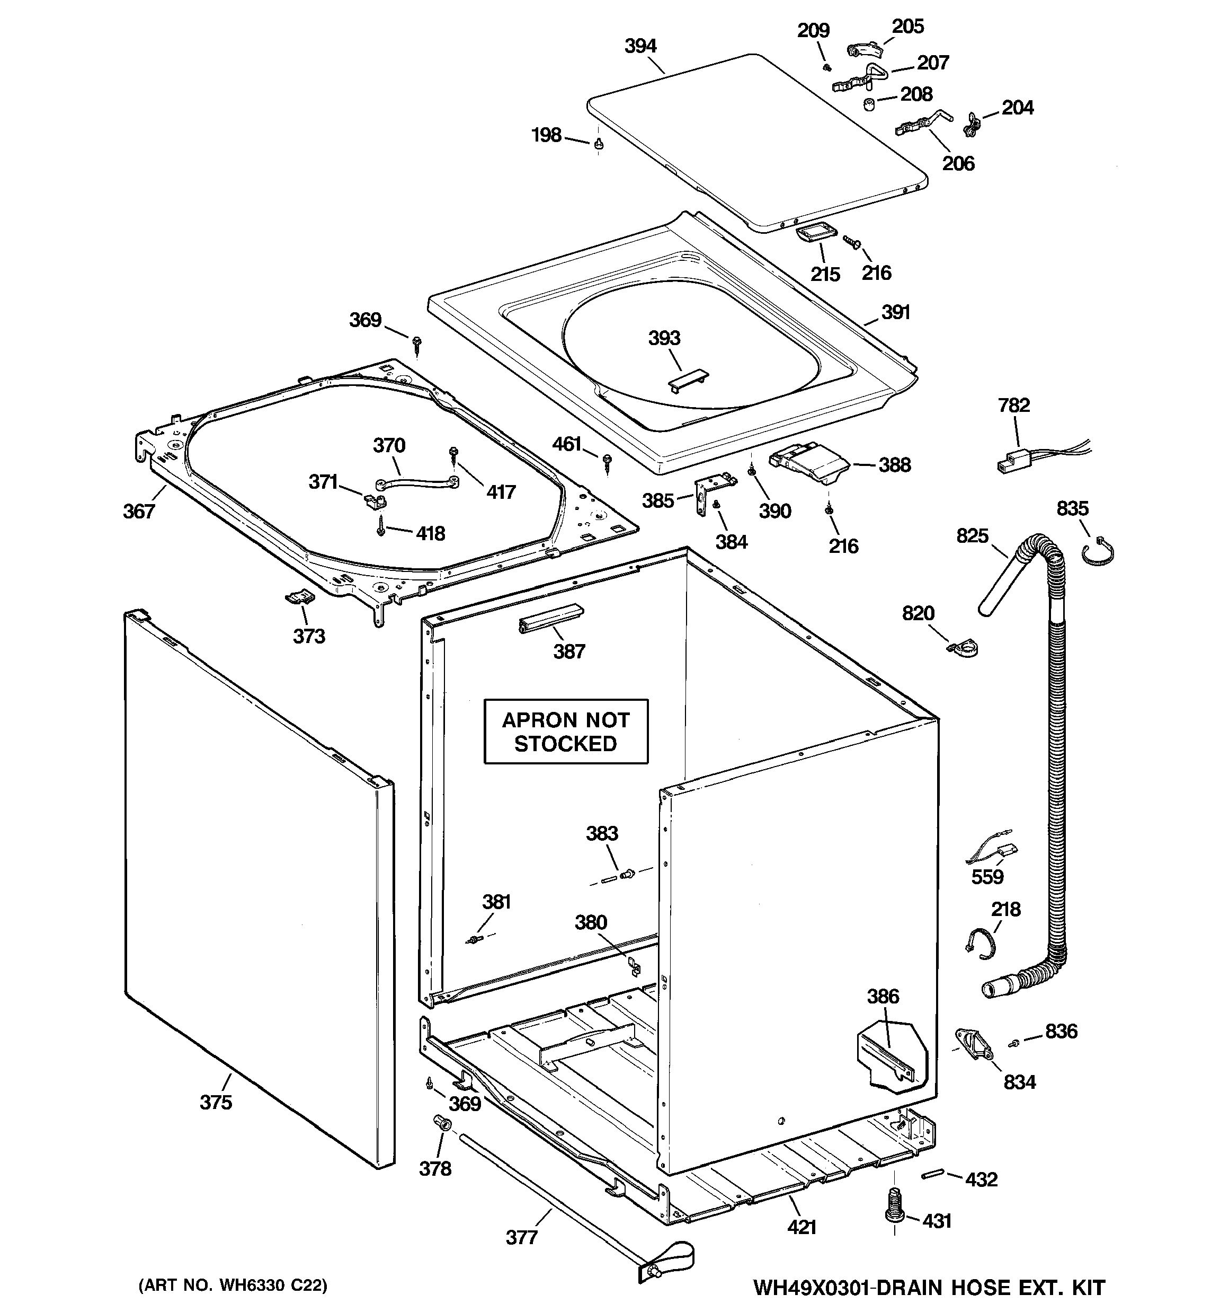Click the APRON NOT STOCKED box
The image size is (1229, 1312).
pos(565,731)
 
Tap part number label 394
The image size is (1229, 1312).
pos(640,46)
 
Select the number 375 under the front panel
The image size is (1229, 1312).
pos(216,1102)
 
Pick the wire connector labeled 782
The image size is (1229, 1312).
pos(1010,462)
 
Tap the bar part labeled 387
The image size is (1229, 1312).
pos(551,617)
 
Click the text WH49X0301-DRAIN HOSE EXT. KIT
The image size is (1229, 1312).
pos(928,1288)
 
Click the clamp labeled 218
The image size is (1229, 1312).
pos(979,940)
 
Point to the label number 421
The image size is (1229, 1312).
pos(801,1227)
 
